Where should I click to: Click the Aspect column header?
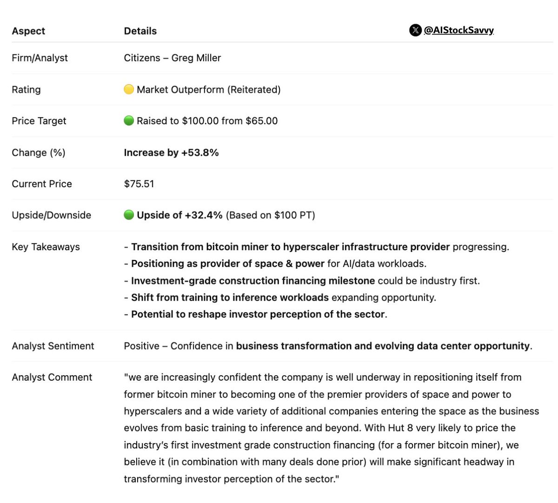coord(28,31)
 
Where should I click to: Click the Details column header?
coord(140,31)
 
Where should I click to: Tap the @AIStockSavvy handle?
coord(458,30)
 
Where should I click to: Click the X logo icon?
coord(415,30)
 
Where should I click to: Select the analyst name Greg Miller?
coord(196,58)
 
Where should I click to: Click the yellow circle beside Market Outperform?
coord(129,89)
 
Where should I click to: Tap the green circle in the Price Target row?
coord(129,121)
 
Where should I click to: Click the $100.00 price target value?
coord(200,121)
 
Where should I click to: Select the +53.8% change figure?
coord(201,152)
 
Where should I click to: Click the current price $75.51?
coord(139,184)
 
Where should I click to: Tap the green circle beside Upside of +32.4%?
coord(129,215)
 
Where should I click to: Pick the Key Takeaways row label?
coord(46,247)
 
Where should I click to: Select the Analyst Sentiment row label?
coord(53,346)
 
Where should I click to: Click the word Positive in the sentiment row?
coord(141,346)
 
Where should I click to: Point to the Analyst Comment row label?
coord(52,377)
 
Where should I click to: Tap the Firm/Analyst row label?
coord(40,58)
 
